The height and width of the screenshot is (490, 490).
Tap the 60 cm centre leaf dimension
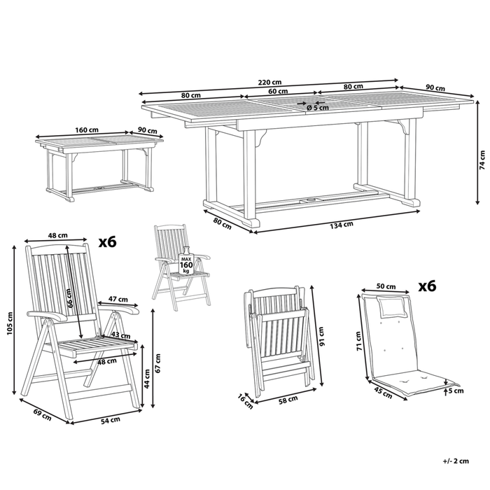click(277, 91)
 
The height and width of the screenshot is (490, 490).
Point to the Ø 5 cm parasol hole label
click(318, 108)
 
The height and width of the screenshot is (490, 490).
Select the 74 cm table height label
click(482, 155)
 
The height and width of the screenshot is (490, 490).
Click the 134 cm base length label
click(343, 224)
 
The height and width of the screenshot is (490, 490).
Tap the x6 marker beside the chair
click(107, 242)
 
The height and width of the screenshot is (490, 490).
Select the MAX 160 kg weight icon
click(185, 265)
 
